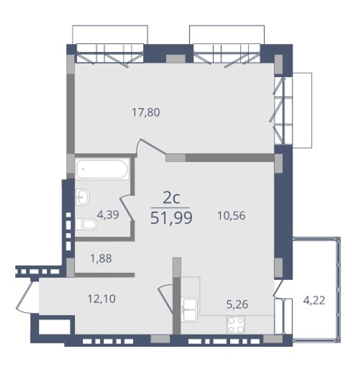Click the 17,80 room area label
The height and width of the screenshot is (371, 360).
146,113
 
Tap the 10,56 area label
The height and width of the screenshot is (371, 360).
231,216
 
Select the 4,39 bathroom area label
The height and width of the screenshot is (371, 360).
108,215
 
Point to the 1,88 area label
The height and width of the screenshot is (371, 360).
101,258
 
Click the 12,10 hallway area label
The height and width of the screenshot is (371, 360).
101,299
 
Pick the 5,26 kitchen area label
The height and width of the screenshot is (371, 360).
237,304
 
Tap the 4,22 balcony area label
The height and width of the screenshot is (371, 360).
314,301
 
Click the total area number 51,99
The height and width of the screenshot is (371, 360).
171,218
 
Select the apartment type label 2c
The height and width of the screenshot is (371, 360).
171,199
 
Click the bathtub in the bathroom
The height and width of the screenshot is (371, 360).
102,169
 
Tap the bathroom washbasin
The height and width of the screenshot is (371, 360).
82,197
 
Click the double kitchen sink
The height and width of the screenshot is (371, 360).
189,310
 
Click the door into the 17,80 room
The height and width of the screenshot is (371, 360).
151,147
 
